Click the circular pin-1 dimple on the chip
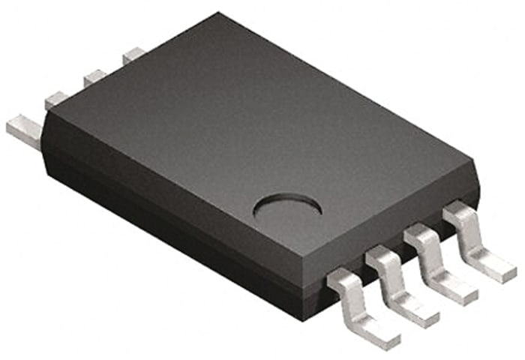tap(287, 207)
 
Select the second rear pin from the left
tap(57, 100)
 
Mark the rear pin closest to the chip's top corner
tap(133, 54)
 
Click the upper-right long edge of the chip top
tap(345, 86)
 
